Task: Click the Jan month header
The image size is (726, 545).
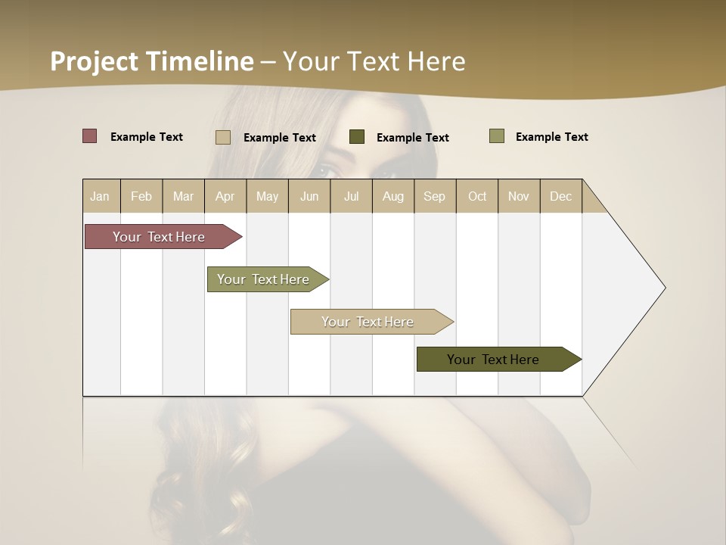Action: coord(100,196)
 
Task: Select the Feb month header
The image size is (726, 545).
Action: coord(141,196)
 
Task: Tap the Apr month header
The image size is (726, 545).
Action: coord(225,196)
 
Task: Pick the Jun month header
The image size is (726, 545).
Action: coord(309,196)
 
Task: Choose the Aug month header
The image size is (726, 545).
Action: coord(392,196)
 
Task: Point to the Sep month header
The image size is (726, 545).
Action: coord(434,196)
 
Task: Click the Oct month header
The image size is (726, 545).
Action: coord(477,196)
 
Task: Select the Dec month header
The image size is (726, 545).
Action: coord(560,196)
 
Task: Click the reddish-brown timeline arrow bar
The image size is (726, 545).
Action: coord(159,237)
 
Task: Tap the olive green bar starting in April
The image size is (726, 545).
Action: coord(263,279)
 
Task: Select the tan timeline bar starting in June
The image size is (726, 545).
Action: coord(368,322)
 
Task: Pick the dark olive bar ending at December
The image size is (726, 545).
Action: coord(493,360)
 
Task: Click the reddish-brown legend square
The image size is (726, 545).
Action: coord(89,136)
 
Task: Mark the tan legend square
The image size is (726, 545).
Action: coord(222,137)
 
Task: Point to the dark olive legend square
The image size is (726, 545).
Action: coord(357,137)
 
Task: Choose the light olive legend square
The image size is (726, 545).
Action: coord(496,136)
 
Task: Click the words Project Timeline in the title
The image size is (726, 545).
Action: coord(151,61)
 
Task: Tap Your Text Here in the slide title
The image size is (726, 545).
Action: coord(374,61)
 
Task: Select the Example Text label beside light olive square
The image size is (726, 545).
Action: coord(551,137)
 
